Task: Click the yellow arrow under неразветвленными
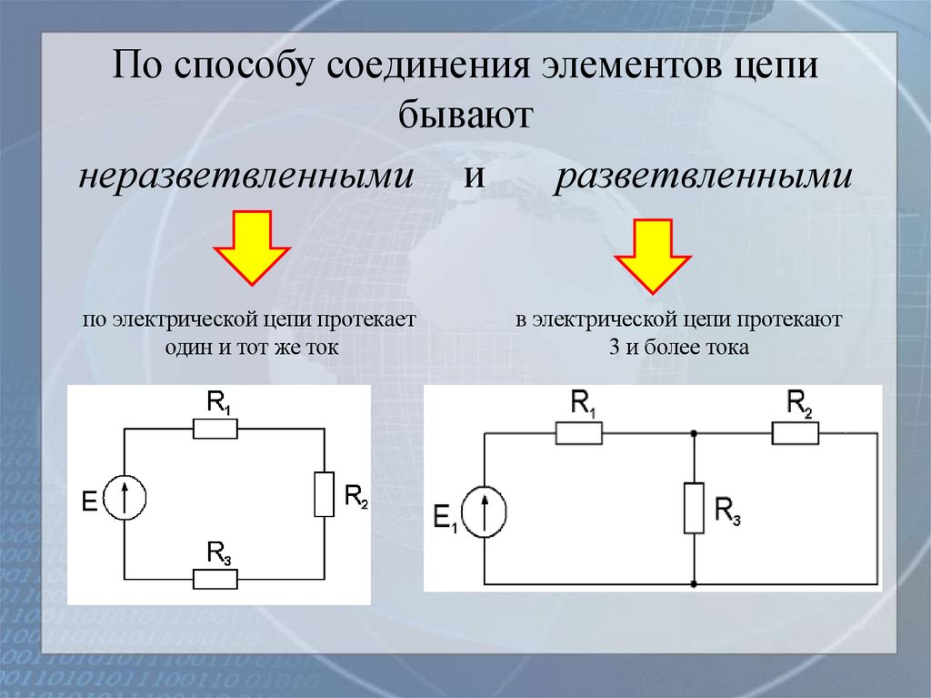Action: [250, 248]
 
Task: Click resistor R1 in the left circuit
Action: [215, 429]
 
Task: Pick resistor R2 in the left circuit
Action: [324, 494]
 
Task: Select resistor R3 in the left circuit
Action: [215, 578]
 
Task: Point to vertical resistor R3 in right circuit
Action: [694, 508]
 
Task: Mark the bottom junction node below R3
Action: [694, 583]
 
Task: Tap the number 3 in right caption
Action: [616, 349]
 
